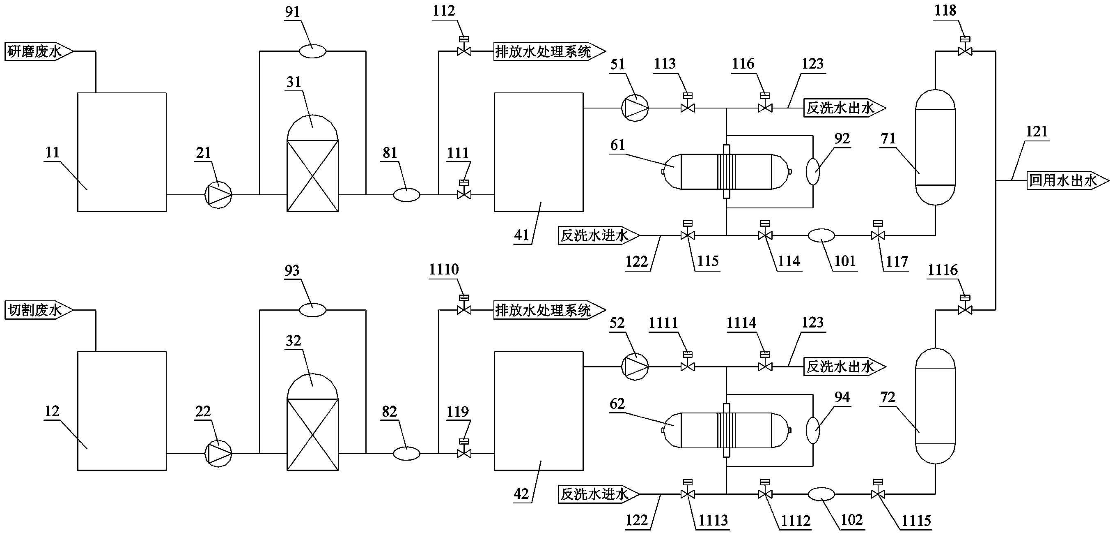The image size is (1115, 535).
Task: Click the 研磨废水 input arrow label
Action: click(38, 51)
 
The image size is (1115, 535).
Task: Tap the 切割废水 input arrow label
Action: click(38, 310)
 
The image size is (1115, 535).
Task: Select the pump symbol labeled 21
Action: click(218, 194)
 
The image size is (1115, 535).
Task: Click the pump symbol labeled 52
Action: click(635, 367)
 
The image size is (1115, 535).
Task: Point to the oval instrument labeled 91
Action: click(312, 51)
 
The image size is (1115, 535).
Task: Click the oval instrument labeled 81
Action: click(406, 195)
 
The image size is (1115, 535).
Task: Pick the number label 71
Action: click(888, 138)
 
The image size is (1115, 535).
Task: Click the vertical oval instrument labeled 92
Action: click(813, 171)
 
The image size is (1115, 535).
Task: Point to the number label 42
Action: click(521, 494)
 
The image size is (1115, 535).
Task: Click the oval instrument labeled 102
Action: click(821, 494)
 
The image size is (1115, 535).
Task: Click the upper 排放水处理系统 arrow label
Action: click(548, 51)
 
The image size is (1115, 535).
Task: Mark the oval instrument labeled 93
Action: click(312, 310)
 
